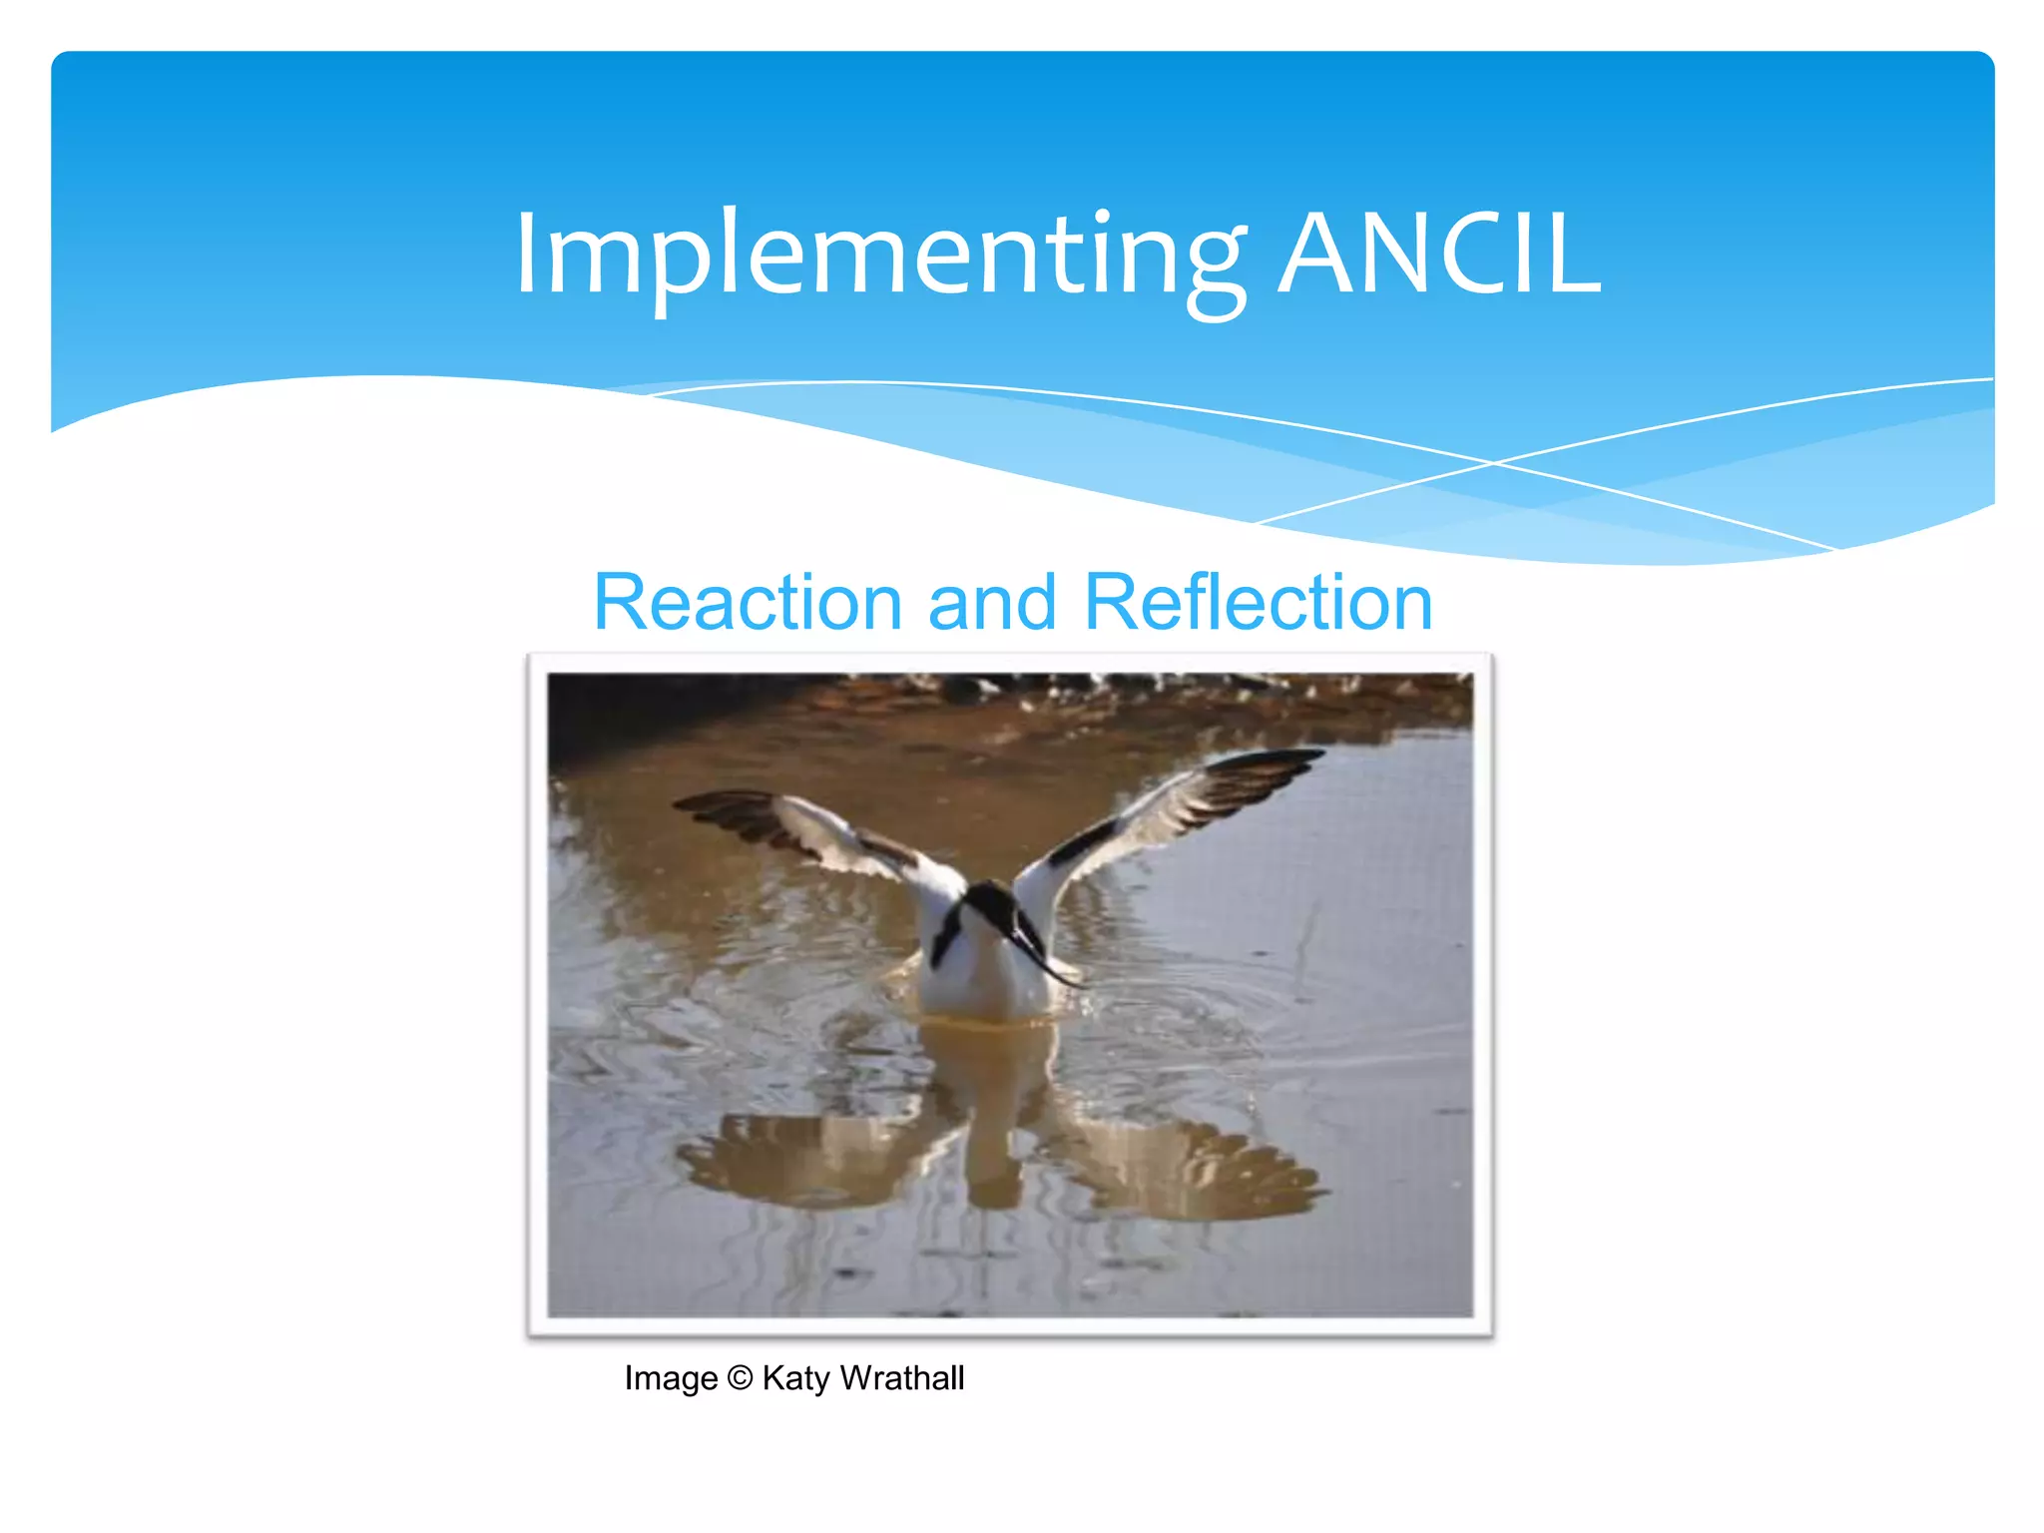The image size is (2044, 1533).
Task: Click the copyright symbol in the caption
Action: click(740, 1378)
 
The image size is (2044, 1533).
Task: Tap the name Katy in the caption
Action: click(795, 1378)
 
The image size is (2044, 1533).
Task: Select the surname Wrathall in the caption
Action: click(902, 1378)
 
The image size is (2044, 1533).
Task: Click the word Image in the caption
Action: click(671, 1378)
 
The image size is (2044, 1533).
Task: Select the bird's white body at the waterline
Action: click(983, 993)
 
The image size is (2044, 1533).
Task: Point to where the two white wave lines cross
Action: click(1494, 463)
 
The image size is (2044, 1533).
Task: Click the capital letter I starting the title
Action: click(526, 255)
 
